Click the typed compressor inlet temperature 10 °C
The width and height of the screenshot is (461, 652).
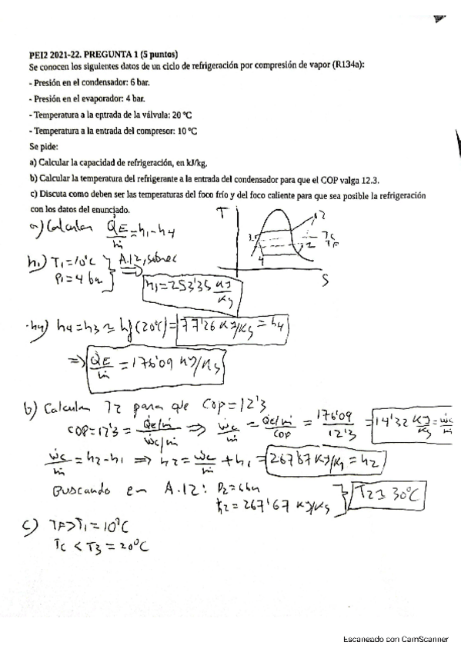[x=187, y=131]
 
